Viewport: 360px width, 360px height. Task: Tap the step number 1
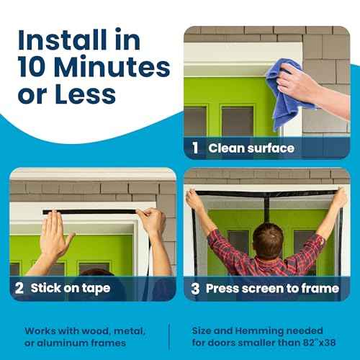[195, 148]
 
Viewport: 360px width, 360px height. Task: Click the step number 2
[19, 288]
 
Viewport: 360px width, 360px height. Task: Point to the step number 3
[194, 288]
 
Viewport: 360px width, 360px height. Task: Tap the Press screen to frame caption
[272, 288]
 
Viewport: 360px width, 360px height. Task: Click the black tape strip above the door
[90, 212]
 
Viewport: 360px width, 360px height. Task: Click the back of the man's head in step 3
[268, 238]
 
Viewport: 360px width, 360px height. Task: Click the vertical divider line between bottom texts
[169, 336]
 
